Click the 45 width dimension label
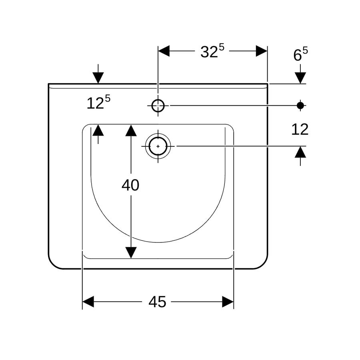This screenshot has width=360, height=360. pos(157,302)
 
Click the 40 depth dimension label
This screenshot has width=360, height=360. pos(130,185)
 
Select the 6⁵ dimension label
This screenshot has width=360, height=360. pos(300,54)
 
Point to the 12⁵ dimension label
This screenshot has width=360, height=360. pos(98,102)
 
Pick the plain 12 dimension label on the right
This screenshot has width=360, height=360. pos(300,130)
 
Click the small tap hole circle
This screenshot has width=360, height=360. pos(158,106)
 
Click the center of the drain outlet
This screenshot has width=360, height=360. pos(158,146)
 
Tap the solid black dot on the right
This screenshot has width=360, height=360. pos(300,106)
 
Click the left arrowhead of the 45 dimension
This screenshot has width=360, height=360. pos(88,302)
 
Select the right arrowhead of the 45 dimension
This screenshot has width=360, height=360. pos(228,302)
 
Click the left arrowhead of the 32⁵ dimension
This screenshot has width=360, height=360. pos(164,51)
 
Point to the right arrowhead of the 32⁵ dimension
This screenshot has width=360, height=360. pos(262,51)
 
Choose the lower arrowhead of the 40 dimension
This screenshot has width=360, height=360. pos(131,252)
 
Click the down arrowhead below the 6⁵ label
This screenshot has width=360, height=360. pos(300,78)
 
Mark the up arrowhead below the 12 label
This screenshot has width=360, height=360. pos(300,152)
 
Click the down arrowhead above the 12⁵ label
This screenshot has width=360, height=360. pos(98,78)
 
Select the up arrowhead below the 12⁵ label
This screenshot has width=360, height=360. pos(98,130)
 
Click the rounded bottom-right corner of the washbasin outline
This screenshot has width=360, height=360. pos(264,264)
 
